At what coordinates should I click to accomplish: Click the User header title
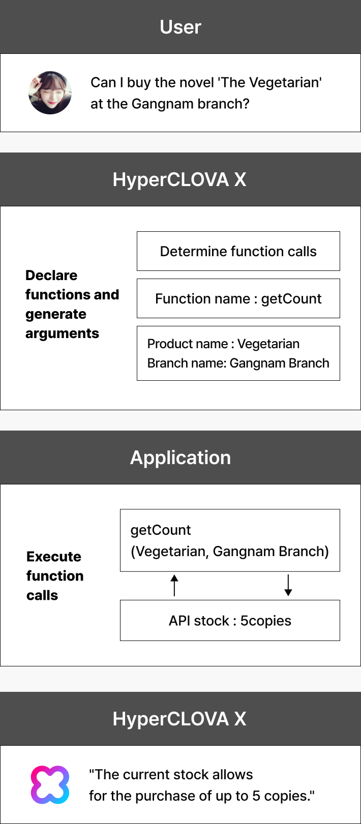tap(180, 27)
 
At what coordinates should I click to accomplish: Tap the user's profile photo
tap(50, 93)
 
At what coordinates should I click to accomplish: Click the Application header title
tap(180, 457)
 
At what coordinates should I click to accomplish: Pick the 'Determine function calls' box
tap(238, 251)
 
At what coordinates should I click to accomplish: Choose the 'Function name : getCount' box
tap(238, 298)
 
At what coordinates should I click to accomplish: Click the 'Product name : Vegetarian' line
tap(223, 344)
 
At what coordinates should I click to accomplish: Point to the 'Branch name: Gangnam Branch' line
tap(238, 363)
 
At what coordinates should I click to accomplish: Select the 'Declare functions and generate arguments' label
tap(72, 304)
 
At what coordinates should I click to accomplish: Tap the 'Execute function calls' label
tap(55, 576)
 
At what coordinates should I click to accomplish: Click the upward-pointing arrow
tap(174, 585)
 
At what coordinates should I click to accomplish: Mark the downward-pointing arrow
tap(288, 585)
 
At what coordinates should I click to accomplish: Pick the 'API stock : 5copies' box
tap(230, 621)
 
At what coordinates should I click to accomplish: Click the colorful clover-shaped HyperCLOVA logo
tap(50, 785)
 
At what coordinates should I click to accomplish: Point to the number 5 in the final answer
tap(256, 796)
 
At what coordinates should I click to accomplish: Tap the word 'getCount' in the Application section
tap(161, 530)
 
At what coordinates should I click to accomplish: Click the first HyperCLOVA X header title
tap(179, 179)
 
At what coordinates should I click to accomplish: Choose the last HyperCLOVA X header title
tap(179, 719)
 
